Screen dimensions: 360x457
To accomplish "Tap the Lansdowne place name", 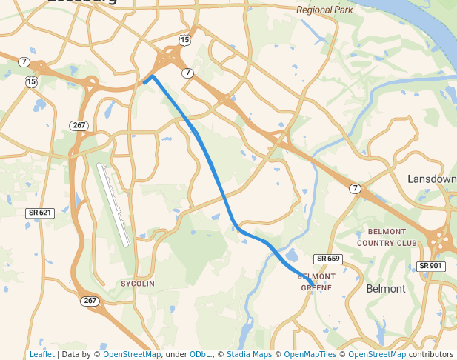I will coord(432,179).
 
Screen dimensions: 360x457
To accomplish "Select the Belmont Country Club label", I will coord(387,237).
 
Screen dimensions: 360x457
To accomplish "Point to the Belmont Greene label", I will coord(316,281).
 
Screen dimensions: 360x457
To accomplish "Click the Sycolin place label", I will coord(138,284).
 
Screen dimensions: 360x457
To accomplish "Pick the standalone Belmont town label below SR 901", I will coord(386,288).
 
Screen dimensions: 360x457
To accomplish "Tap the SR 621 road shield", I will coord(40,213).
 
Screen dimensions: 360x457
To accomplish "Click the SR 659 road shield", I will coord(327,259).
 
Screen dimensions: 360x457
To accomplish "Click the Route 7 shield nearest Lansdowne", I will coord(356,189).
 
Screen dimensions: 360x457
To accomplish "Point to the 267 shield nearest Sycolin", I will coord(90,301).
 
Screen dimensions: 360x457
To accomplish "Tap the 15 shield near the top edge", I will coord(184,39).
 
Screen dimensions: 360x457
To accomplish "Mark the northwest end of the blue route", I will coord(144,83).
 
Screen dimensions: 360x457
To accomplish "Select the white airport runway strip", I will coord(114,204).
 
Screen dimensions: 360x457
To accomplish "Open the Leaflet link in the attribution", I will coord(41,354).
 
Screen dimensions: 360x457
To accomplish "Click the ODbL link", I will coord(200,354).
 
